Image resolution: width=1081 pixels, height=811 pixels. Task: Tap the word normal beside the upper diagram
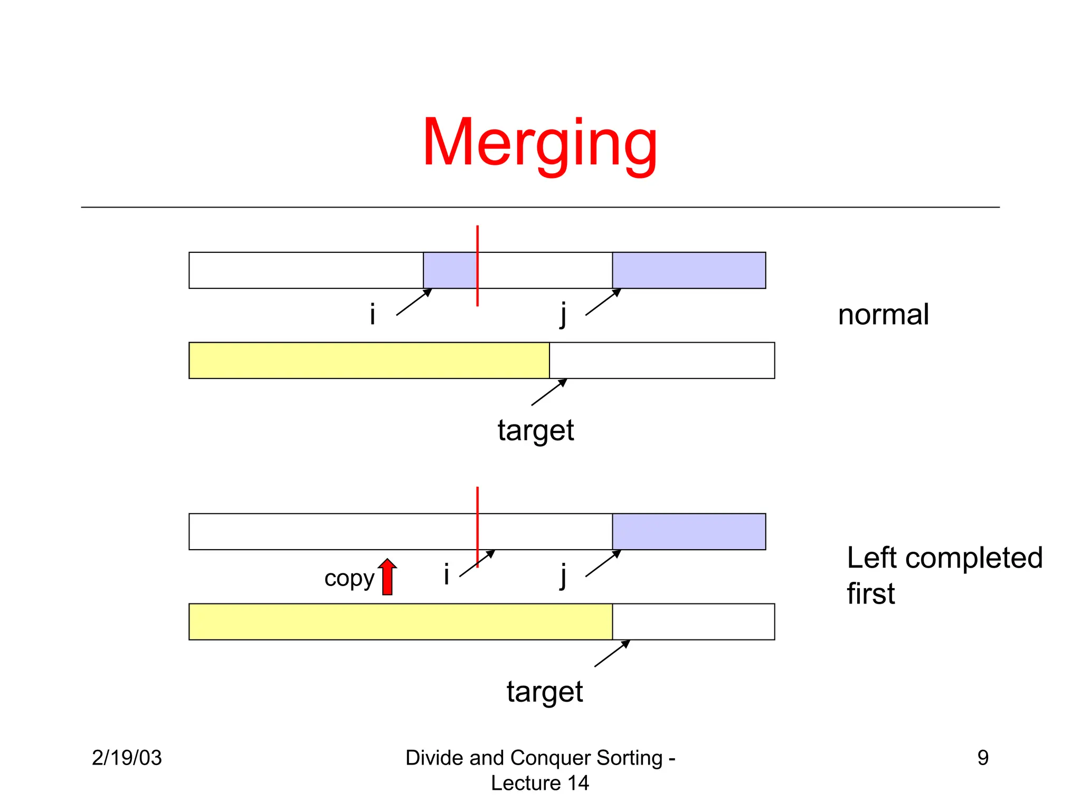click(883, 315)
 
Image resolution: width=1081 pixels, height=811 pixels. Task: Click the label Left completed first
click(944, 575)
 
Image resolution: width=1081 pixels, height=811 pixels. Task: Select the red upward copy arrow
click(387, 577)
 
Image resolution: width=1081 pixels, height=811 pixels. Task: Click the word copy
click(349, 579)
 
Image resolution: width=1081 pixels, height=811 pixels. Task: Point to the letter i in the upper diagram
click(372, 315)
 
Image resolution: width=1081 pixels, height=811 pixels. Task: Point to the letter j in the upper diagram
click(564, 315)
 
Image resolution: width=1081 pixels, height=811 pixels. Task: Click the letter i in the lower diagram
click(447, 574)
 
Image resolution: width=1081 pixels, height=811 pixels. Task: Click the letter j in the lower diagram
click(564, 576)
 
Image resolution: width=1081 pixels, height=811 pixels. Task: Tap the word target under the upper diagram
click(536, 430)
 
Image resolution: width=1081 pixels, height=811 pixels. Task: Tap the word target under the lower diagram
click(545, 692)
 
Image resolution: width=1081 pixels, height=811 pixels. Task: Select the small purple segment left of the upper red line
click(450, 270)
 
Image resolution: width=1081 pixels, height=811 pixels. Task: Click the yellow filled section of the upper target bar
click(369, 361)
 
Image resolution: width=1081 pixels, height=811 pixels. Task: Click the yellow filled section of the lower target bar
click(401, 622)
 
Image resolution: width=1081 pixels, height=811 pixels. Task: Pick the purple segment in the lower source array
click(689, 532)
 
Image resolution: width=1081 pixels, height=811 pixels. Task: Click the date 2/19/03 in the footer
click(127, 758)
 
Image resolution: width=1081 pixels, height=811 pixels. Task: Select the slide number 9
click(983, 758)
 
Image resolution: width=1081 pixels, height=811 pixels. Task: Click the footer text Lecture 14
click(540, 783)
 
